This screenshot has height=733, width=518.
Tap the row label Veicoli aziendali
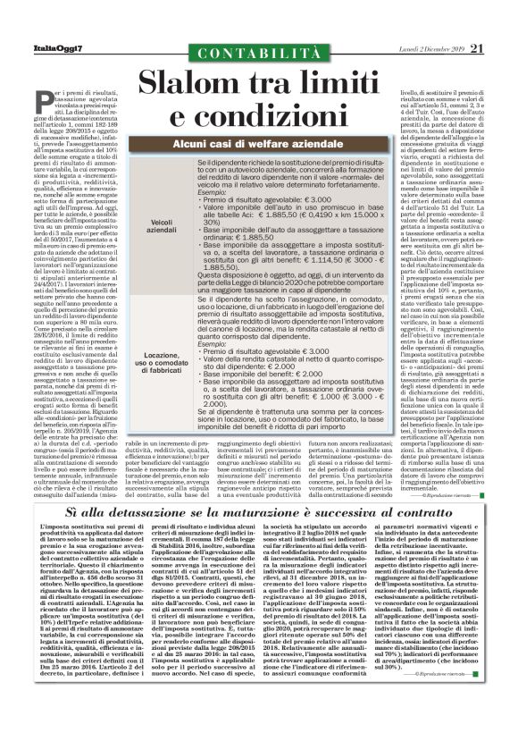tap(163, 226)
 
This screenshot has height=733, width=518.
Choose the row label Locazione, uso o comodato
tap(161, 361)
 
